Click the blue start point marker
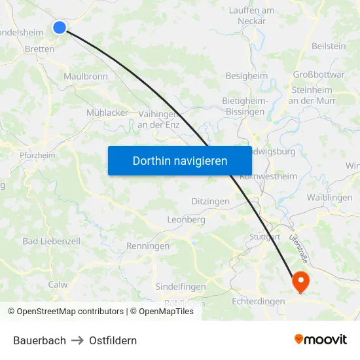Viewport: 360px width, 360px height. [x=60, y=27]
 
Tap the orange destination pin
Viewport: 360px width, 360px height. [x=301, y=281]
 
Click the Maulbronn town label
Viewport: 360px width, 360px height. [x=86, y=77]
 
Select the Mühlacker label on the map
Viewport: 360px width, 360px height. [x=107, y=113]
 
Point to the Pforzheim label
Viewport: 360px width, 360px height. [x=37, y=156]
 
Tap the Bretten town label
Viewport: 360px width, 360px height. [x=39, y=49]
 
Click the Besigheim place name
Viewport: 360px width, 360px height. [x=246, y=76]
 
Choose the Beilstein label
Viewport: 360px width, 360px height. [x=329, y=46]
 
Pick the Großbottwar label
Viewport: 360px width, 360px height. [x=319, y=75]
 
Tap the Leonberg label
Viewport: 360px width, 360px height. [x=187, y=220]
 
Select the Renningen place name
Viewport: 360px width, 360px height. [x=148, y=247]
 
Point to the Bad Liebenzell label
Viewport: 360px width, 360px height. [x=51, y=241]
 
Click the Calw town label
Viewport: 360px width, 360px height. [x=58, y=285]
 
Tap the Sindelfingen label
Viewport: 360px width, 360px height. [x=181, y=287]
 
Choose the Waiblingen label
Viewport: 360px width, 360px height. [x=329, y=198]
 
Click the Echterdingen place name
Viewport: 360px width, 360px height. [x=259, y=301]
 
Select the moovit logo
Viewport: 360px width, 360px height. [x=321, y=340]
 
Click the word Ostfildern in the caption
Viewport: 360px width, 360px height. [x=113, y=340]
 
